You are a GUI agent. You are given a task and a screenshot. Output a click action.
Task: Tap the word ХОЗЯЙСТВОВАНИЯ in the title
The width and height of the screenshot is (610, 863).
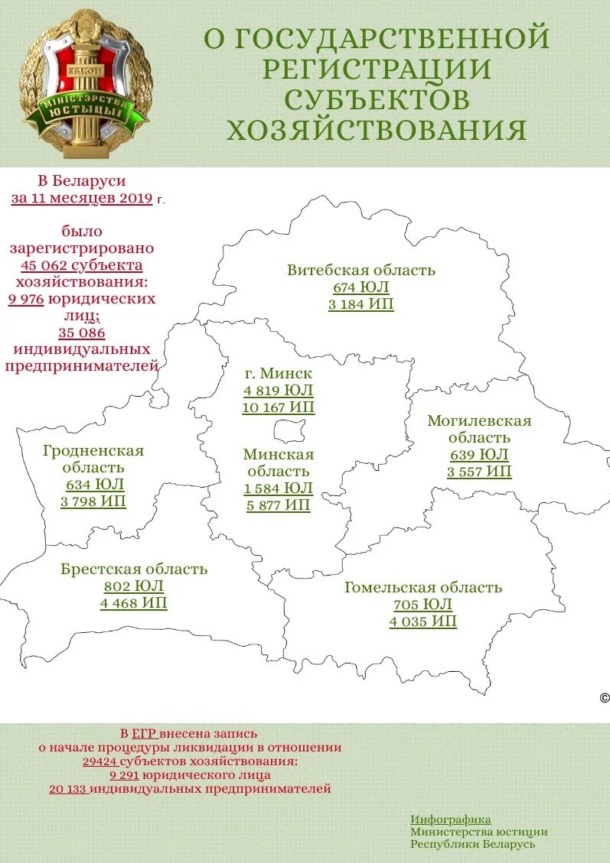click(x=376, y=130)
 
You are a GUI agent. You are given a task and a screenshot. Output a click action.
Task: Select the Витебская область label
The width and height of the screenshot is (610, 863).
click(x=361, y=270)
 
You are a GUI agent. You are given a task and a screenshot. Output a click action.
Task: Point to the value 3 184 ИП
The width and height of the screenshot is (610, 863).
click(x=361, y=305)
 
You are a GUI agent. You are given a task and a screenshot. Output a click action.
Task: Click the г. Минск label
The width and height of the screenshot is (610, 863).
click(x=279, y=374)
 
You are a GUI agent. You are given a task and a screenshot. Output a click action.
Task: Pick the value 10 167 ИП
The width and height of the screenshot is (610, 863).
click(x=279, y=407)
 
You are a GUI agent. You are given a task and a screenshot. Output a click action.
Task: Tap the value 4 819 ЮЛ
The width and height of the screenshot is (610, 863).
click(x=279, y=391)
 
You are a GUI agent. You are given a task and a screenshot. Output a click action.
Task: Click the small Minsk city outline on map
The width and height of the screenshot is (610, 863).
click(x=289, y=430)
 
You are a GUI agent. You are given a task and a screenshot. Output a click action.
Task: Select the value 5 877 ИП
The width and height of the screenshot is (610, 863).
click(x=279, y=505)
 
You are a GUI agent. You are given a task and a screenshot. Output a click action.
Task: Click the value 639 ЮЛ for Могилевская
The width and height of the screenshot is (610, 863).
click(x=479, y=455)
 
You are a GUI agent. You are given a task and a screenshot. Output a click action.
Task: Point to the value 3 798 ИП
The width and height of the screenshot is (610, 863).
click(x=93, y=501)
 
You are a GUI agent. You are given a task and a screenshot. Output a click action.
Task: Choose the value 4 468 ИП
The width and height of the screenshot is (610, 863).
click(x=134, y=603)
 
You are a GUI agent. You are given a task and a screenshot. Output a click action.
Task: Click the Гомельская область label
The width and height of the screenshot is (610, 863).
click(x=422, y=587)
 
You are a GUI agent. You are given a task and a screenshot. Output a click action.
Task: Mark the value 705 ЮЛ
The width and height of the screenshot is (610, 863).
click(x=422, y=605)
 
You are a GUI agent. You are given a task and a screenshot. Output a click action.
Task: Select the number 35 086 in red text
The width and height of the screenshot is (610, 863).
click(x=82, y=333)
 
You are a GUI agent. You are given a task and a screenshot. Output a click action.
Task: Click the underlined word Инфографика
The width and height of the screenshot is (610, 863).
click(x=450, y=819)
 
